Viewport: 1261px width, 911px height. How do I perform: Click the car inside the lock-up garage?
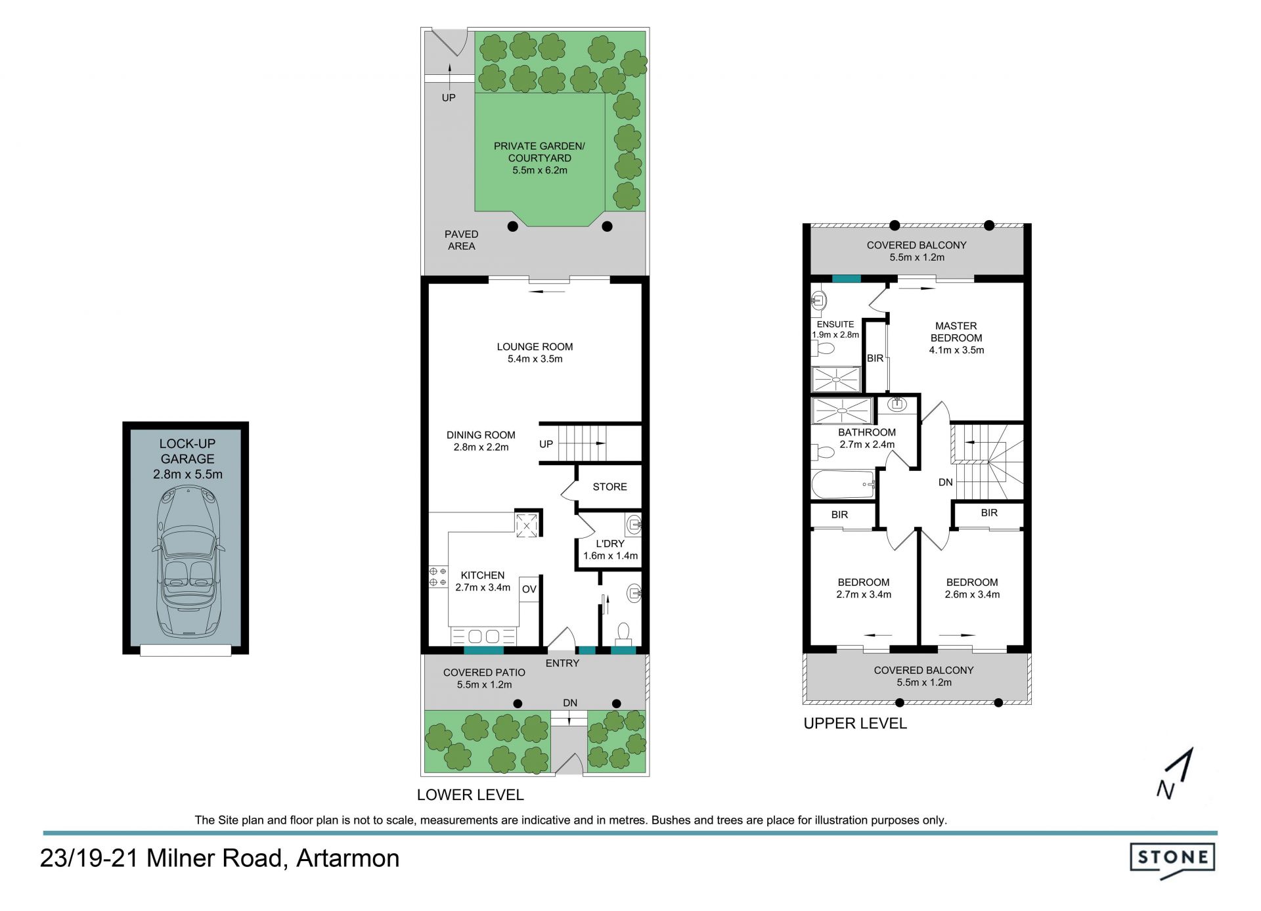click(x=188, y=562)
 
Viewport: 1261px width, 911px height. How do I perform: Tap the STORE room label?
click(x=609, y=487)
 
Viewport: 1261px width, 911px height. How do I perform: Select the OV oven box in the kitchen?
click(x=529, y=589)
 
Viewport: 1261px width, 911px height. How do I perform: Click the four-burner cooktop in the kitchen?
click(x=438, y=577)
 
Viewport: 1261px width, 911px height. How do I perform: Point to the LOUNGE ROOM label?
click(x=535, y=347)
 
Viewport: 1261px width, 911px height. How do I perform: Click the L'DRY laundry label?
click(x=610, y=544)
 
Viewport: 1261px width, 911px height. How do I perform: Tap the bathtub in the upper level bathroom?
click(x=844, y=485)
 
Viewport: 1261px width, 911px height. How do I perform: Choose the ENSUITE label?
click(x=835, y=324)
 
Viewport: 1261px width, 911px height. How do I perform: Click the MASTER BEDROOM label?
click(x=956, y=332)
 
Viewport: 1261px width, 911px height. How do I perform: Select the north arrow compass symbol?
click(x=1175, y=773)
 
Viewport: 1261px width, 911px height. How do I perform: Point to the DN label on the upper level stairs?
click(x=946, y=482)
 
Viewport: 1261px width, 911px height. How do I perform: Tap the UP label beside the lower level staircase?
click(x=546, y=444)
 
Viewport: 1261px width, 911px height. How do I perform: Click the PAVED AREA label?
click(x=462, y=240)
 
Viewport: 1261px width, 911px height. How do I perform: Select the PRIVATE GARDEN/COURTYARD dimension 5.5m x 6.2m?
click(x=540, y=170)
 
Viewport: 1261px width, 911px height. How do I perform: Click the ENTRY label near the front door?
click(x=562, y=663)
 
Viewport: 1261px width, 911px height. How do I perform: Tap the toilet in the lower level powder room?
click(x=623, y=634)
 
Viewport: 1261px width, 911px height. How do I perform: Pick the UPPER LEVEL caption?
click(x=855, y=723)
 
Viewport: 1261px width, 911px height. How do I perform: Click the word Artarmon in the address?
click(x=347, y=858)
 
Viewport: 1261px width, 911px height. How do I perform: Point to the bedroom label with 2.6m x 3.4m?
click(x=972, y=589)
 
